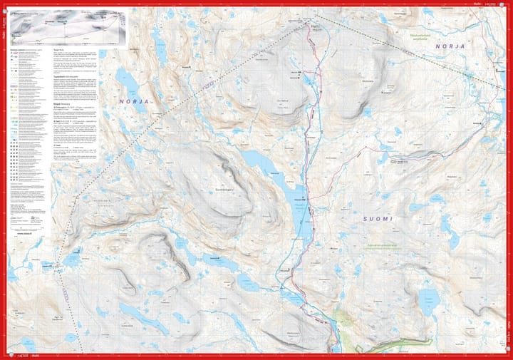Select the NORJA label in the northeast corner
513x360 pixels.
tap(450, 46)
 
